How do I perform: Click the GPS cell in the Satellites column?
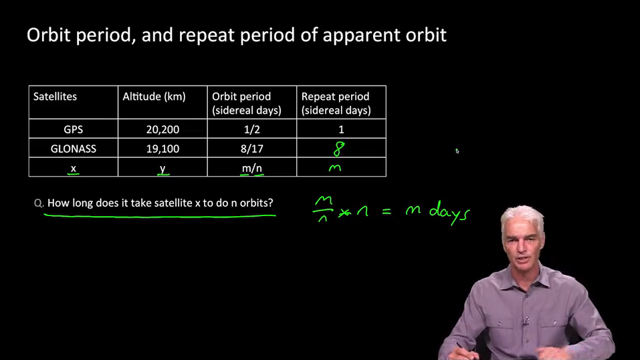pyautogui.click(x=74, y=130)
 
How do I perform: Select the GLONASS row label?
pyautogui.click(x=74, y=149)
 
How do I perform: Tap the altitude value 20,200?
pyautogui.click(x=163, y=130)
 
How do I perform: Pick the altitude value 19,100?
pyautogui.click(x=163, y=149)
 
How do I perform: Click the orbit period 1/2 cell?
pyautogui.click(x=252, y=130)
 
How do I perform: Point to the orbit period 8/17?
pyautogui.click(x=252, y=149)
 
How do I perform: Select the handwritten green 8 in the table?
pyautogui.click(x=339, y=149)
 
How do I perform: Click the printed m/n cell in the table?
pyautogui.click(x=252, y=168)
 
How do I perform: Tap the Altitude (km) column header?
pyautogui.click(x=154, y=96)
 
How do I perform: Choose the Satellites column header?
pyautogui.click(x=55, y=96)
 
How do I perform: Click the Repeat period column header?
pyautogui.click(x=336, y=103)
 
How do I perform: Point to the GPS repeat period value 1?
pyautogui.click(x=341, y=130)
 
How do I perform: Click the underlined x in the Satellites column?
pyautogui.click(x=74, y=169)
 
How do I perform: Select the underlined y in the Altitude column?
pyautogui.click(x=163, y=169)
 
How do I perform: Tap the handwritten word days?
pyautogui.click(x=449, y=213)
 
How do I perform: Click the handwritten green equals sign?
pyautogui.click(x=386, y=211)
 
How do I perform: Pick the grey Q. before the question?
pyautogui.click(x=39, y=203)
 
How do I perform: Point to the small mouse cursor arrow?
pyautogui.click(x=457, y=151)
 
